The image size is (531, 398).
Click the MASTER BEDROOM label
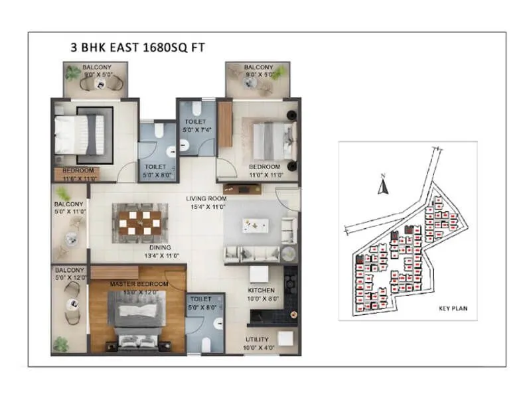pyautogui.click(x=139, y=285)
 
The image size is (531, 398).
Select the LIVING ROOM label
pyautogui.click(x=206, y=198)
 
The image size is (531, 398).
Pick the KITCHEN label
pyautogui.click(x=261, y=291)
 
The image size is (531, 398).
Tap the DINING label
pyautogui.click(x=160, y=247)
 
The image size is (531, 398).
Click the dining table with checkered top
pyautogui.click(x=139, y=219)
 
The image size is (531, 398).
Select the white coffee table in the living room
pyautogui.click(x=255, y=226)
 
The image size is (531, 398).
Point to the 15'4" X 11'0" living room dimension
pyautogui.click(x=206, y=208)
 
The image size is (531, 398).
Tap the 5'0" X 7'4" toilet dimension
pyautogui.click(x=196, y=130)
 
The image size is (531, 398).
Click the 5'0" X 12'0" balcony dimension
pyautogui.click(x=70, y=278)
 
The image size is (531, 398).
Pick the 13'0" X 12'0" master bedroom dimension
pyautogui.click(x=139, y=293)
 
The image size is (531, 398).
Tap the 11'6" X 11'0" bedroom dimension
pyautogui.click(x=75, y=178)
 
